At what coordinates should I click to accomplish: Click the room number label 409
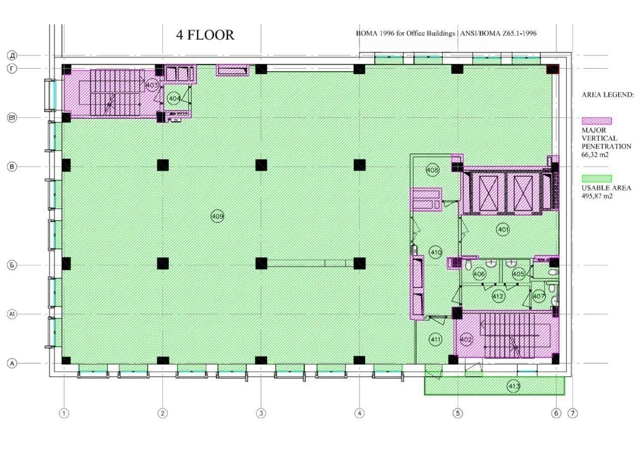pos(218,216)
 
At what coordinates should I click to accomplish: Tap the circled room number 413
pos(513,386)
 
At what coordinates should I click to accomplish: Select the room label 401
pos(503,230)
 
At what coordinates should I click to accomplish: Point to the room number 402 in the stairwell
pos(466,340)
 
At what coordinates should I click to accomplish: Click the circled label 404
pos(174,98)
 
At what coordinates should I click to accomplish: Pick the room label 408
pos(433,170)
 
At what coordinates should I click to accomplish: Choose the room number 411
pos(436,340)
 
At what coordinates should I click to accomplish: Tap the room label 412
pos(498,296)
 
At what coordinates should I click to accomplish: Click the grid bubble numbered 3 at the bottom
pos(261,413)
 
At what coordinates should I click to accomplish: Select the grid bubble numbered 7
pos(573,413)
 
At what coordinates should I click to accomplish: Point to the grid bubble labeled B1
pos(12,117)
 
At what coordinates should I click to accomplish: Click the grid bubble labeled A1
pos(12,314)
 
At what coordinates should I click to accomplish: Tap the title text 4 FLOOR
pos(205,35)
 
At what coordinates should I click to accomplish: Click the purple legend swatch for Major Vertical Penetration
pos(597,121)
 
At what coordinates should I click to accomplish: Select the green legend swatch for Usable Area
pos(597,179)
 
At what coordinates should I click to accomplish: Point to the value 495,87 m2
pos(597,196)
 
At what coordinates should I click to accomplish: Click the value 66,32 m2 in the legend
pos(595,155)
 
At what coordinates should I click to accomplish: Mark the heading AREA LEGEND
pos(608,95)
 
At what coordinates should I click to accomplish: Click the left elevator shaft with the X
pos(488,194)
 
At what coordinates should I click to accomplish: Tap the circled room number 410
pos(436,252)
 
